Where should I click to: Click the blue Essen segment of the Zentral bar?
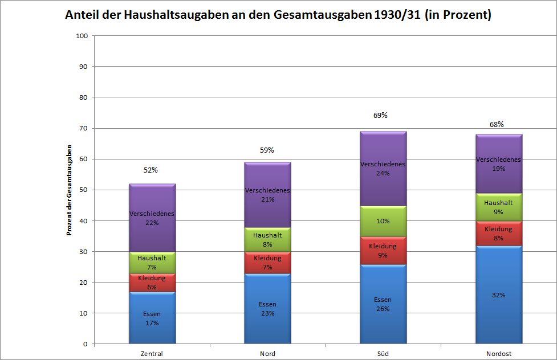point(152,318)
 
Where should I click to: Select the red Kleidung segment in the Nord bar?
point(267,263)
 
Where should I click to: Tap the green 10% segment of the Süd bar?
point(383,220)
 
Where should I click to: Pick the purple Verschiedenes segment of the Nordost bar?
point(498,164)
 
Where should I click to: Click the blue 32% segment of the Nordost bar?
point(498,295)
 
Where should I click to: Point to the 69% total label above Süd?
point(380,116)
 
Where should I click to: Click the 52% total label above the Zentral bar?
point(151,170)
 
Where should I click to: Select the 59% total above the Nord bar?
point(267,150)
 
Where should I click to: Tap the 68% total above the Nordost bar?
point(497,124)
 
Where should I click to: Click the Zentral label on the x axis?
point(152,354)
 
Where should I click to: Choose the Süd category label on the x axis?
point(383,354)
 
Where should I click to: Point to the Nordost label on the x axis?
point(498,354)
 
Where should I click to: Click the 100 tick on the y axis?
point(82,36)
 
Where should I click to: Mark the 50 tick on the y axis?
point(83,190)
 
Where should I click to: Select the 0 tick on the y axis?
point(85,344)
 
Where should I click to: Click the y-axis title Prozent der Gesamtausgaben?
point(69,190)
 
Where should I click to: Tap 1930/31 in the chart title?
point(396,15)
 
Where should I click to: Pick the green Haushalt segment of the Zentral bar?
point(152,263)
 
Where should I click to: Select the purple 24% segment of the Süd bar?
point(383,169)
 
